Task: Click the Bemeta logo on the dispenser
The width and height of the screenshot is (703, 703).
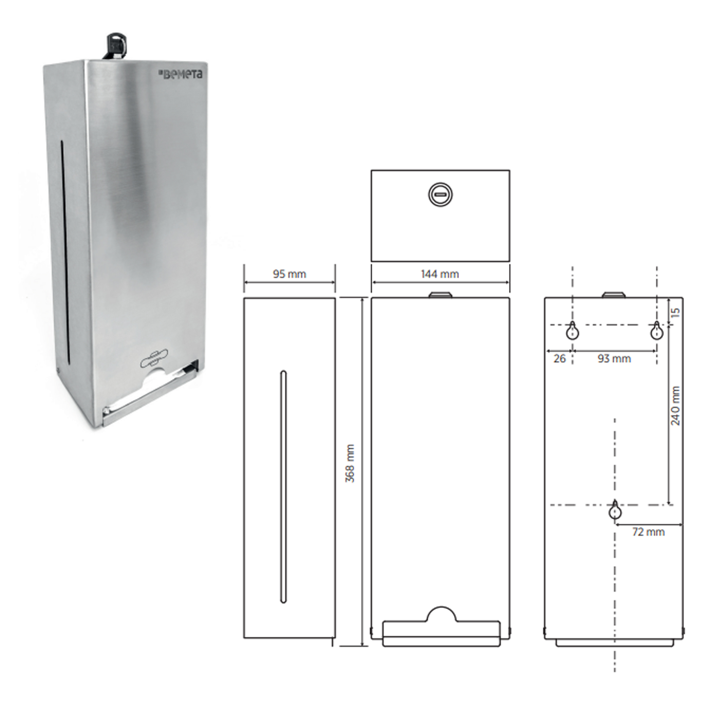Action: pos(181,75)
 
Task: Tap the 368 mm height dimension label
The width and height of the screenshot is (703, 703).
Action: pos(350,463)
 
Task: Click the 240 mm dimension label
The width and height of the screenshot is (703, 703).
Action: pos(675,406)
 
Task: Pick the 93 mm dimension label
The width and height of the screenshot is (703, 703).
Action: pos(614,359)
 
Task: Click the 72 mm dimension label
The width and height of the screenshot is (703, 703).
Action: pos(649,532)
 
